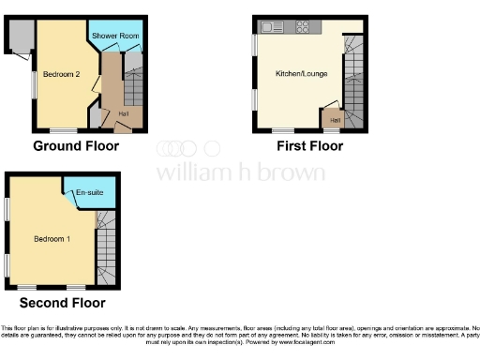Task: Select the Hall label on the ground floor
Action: tap(123, 114)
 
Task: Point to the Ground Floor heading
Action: tap(76, 146)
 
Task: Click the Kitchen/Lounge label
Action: tap(300, 73)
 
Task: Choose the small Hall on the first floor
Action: tap(334, 119)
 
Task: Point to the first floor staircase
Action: tap(354, 80)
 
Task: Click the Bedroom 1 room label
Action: tap(52, 236)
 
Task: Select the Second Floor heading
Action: tap(62, 302)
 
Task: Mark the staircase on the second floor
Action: tap(107, 244)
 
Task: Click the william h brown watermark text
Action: tap(240, 172)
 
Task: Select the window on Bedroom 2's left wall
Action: tap(35, 82)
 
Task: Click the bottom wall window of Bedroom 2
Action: tap(63, 130)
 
